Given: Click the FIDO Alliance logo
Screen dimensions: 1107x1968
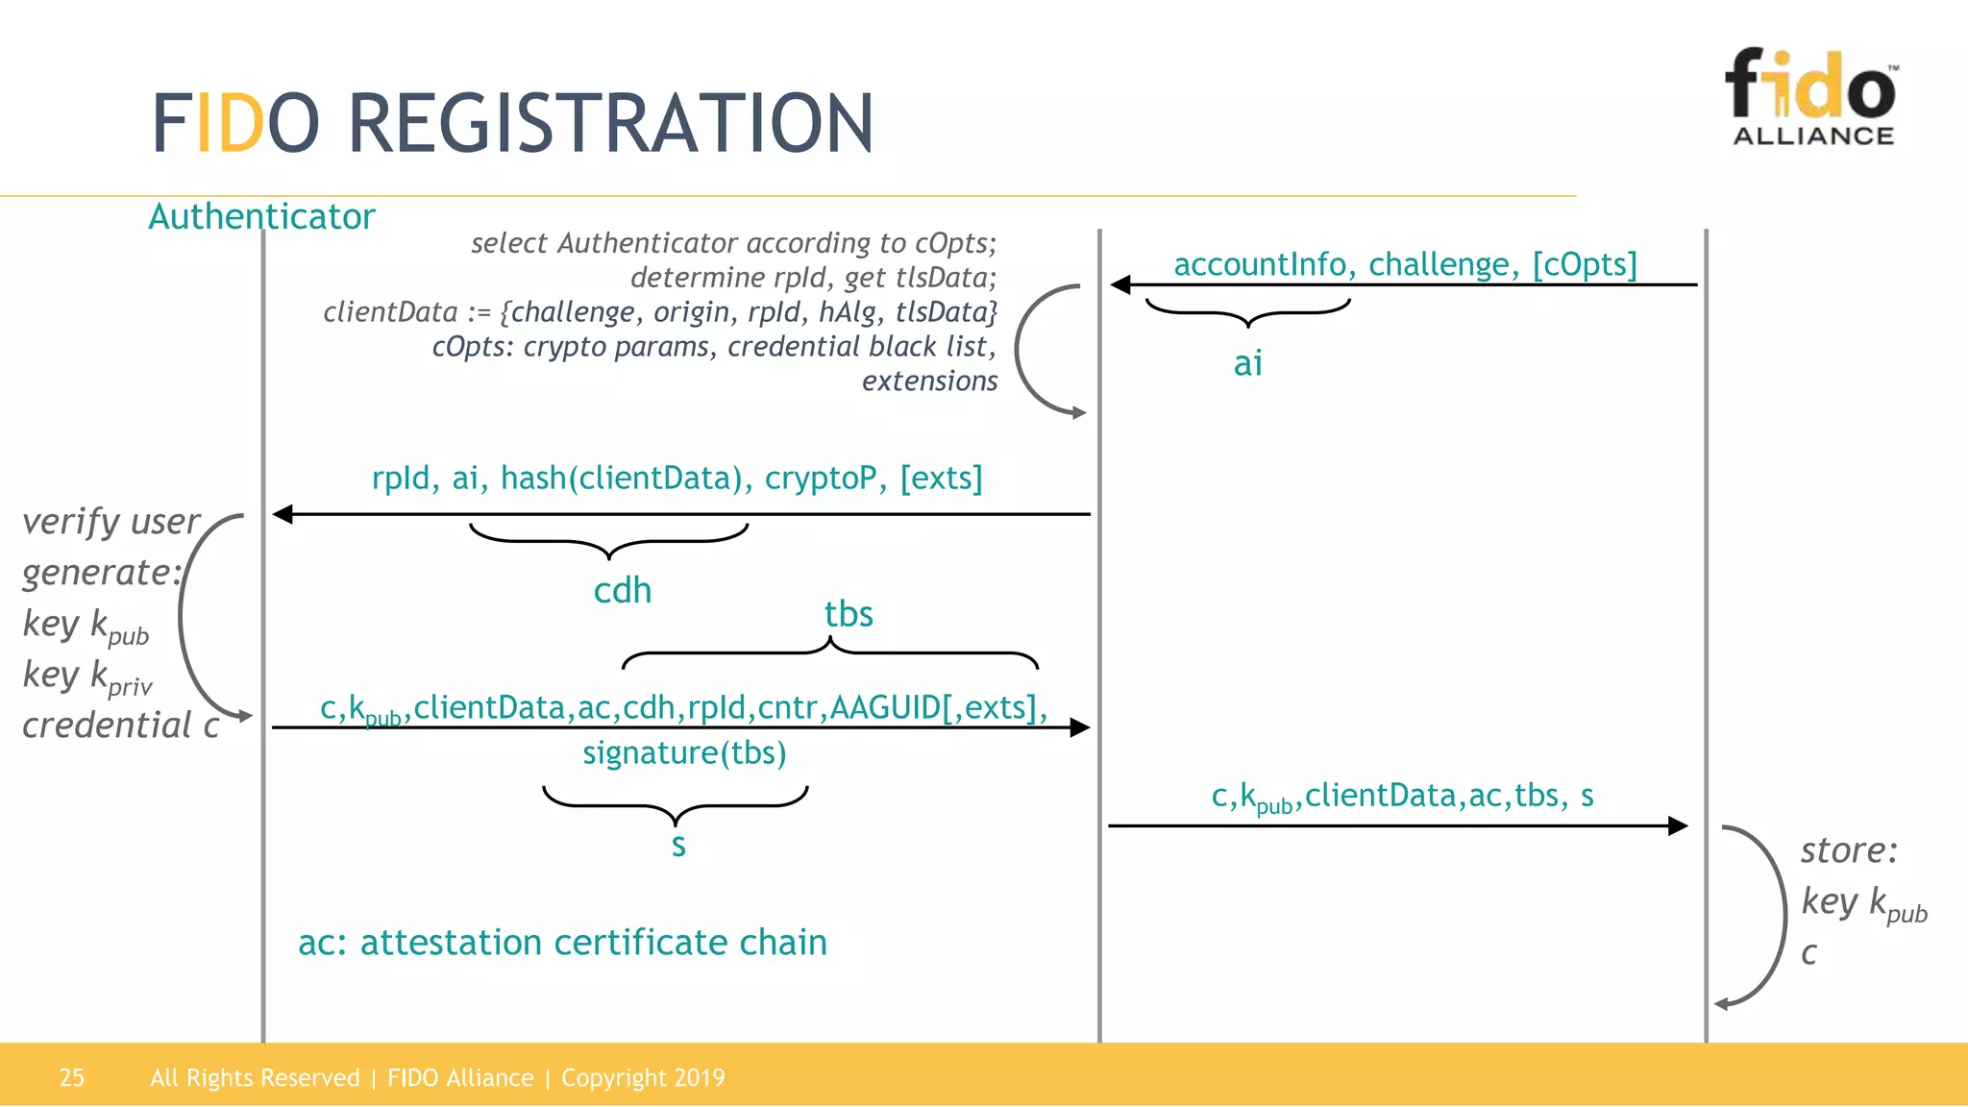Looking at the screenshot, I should (x=1812, y=96).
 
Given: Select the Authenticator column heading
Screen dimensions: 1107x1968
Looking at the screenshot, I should (x=261, y=217).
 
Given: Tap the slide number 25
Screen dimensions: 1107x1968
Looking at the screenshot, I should (x=72, y=1077).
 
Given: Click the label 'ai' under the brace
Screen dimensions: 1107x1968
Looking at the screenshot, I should (x=1247, y=363).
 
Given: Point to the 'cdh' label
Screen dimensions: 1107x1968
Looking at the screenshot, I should (x=622, y=590).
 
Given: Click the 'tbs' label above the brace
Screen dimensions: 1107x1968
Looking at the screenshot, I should (x=849, y=614).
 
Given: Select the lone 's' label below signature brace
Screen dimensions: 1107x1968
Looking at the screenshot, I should (x=678, y=846).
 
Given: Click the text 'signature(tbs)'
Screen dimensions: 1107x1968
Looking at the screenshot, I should (x=684, y=752).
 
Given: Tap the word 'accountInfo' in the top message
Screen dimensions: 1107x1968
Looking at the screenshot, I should (x=1259, y=264).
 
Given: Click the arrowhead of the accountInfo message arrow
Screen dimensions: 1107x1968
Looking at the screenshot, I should (x=1120, y=284).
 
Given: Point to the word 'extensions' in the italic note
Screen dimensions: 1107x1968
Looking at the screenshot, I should (x=929, y=381).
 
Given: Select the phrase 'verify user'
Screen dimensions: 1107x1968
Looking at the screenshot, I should (x=111, y=522).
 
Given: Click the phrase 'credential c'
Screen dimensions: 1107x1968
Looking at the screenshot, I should (x=121, y=726).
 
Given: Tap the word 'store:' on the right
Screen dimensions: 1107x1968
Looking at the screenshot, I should (x=1849, y=850).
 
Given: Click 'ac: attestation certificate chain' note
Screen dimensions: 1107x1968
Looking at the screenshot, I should (x=562, y=943).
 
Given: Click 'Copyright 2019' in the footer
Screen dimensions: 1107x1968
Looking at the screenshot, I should (x=643, y=1077).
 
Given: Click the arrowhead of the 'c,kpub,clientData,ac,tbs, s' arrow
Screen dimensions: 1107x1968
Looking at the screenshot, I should (x=1678, y=825).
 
